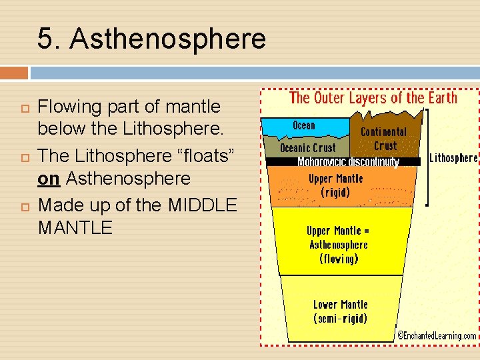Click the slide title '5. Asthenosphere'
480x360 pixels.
(x=151, y=39)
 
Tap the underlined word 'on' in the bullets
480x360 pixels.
(x=49, y=179)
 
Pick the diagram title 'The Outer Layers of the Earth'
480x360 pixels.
(x=373, y=98)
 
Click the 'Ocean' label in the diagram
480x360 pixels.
(x=304, y=125)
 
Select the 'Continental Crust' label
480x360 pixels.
(x=384, y=139)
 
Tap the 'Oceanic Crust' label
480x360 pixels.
(x=308, y=148)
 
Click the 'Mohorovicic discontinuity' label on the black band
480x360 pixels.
(x=348, y=162)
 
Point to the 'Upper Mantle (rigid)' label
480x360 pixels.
(x=336, y=185)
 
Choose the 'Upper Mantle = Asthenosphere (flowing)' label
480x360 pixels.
(x=338, y=245)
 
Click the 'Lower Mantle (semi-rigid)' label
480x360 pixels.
(x=340, y=311)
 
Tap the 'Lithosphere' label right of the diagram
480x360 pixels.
(x=453, y=158)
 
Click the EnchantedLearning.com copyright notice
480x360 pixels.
(x=437, y=336)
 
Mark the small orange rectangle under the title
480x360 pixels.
(x=14, y=72)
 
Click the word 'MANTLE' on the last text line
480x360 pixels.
(x=75, y=228)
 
